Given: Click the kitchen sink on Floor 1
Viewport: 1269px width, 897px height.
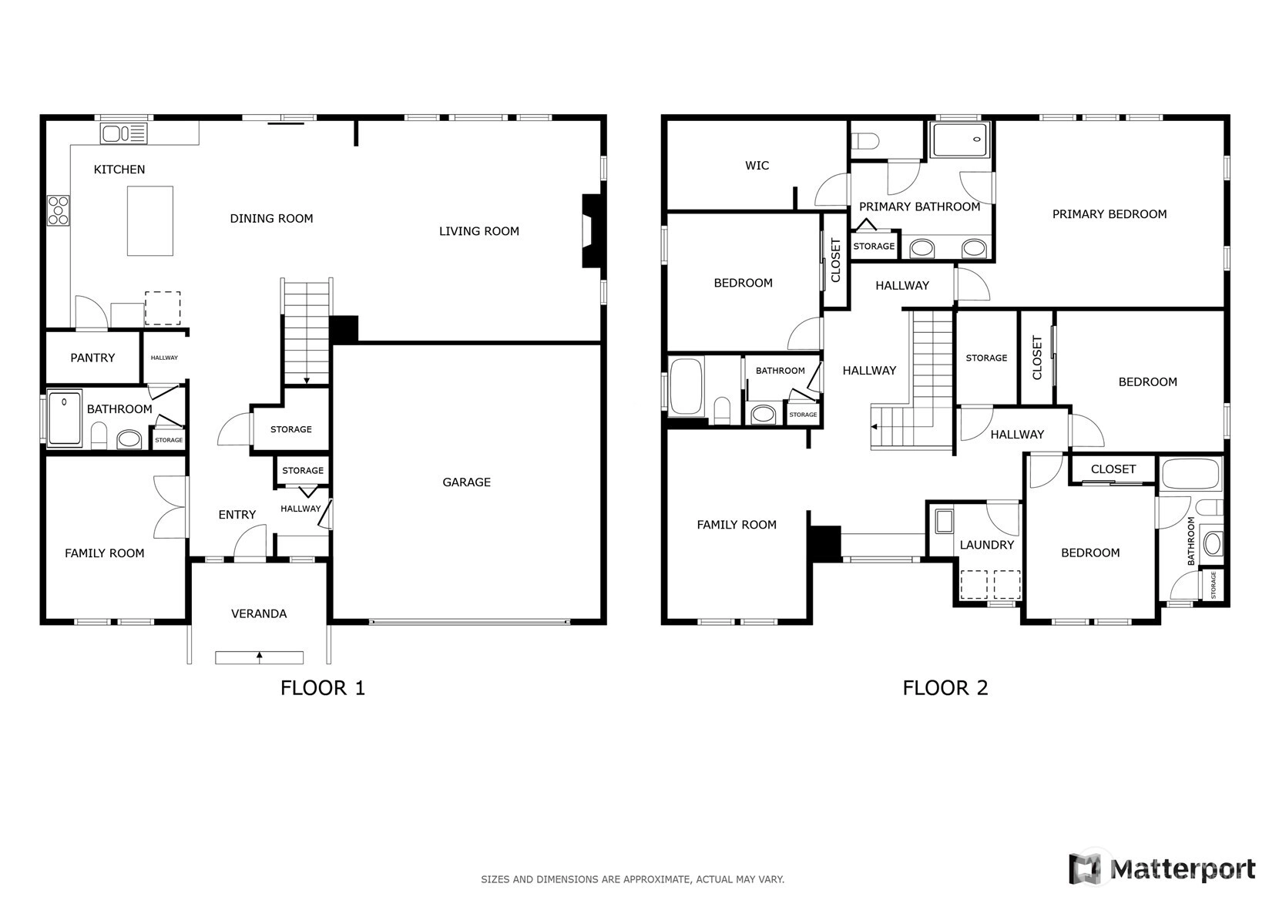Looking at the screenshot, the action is pyautogui.click(x=123, y=134).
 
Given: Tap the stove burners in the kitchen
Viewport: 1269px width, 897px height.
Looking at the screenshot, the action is pyautogui.click(x=59, y=210).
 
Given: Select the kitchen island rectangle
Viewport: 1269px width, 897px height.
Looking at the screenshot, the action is pyautogui.click(x=150, y=220).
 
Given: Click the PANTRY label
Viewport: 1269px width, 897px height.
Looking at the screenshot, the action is pyautogui.click(x=92, y=358).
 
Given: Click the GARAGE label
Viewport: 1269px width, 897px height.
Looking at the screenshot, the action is pyautogui.click(x=466, y=482).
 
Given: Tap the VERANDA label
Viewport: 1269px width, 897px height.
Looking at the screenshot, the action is pyautogui.click(x=259, y=613).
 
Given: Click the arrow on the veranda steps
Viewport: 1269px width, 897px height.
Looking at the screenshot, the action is pyautogui.click(x=260, y=657).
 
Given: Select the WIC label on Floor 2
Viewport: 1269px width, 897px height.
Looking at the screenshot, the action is pyautogui.click(x=757, y=166).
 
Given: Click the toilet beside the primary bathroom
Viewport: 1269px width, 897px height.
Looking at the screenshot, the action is pyautogui.click(x=865, y=140).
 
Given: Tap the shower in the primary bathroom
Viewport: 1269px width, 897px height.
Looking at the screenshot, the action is pyautogui.click(x=960, y=139).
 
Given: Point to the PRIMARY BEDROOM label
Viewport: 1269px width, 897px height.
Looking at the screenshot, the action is pyautogui.click(x=1110, y=214).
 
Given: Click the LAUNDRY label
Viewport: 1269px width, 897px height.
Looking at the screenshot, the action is pyautogui.click(x=986, y=545).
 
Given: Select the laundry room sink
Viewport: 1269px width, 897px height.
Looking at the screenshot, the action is pyautogui.click(x=944, y=521).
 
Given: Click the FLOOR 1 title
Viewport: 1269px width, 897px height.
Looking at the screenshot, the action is pyautogui.click(x=322, y=688).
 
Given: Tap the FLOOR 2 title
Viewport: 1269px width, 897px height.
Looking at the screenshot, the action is pyautogui.click(x=945, y=688).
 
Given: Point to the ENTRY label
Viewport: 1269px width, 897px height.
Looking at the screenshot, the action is pyautogui.click(x=237, y=515).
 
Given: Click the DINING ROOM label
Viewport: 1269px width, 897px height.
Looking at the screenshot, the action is pyautogui.click(x=271, y=219).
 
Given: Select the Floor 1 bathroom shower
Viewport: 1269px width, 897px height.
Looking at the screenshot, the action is pyautogui.click(x=65, y=418).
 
